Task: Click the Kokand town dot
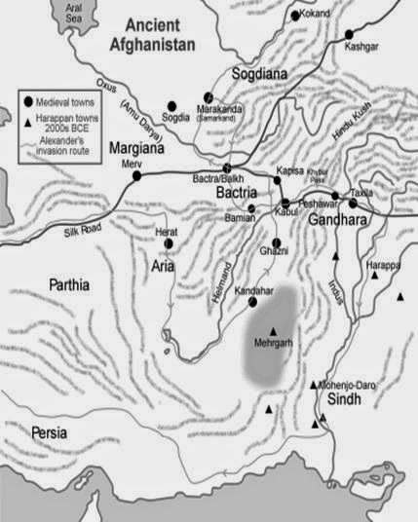pos(295,17)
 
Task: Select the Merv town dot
pos(137,176)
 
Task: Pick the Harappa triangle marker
pos(374,276)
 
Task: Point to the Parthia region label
pos(66,285)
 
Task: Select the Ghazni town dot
pos(277,242)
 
